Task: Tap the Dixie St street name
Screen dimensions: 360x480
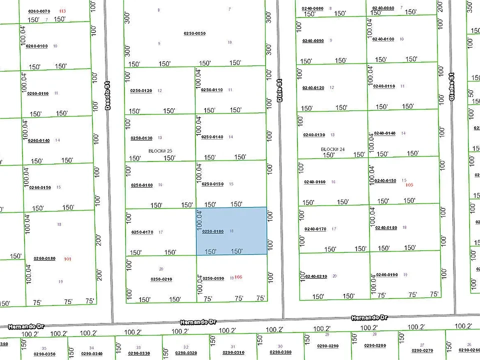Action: pos(279,90)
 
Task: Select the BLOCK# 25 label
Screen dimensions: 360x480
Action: pos(160,150)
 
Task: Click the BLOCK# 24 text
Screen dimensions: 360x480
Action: pos(333,149)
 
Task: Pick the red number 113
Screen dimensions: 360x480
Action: pos(62,11)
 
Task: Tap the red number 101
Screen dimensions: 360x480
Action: pos(68,259)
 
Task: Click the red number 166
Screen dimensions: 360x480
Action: pos(238,277)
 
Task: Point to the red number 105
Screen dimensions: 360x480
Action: pos(409,185)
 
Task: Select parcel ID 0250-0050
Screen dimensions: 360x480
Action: pos(194,33)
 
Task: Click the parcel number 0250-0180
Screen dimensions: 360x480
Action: pos(212,231)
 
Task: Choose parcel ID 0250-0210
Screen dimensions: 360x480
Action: pos(161,279)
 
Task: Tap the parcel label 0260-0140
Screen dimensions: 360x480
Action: pos(38,140)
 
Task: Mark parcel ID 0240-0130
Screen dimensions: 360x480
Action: pos(313,135)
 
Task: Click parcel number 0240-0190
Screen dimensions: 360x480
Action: pos(386,274)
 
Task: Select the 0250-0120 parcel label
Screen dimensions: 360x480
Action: pos(141,90)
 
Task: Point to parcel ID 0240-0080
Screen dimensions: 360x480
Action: pos(312,8)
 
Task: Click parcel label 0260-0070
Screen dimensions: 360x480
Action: pos(38,11)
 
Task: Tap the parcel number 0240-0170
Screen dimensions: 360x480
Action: pos(315,229)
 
